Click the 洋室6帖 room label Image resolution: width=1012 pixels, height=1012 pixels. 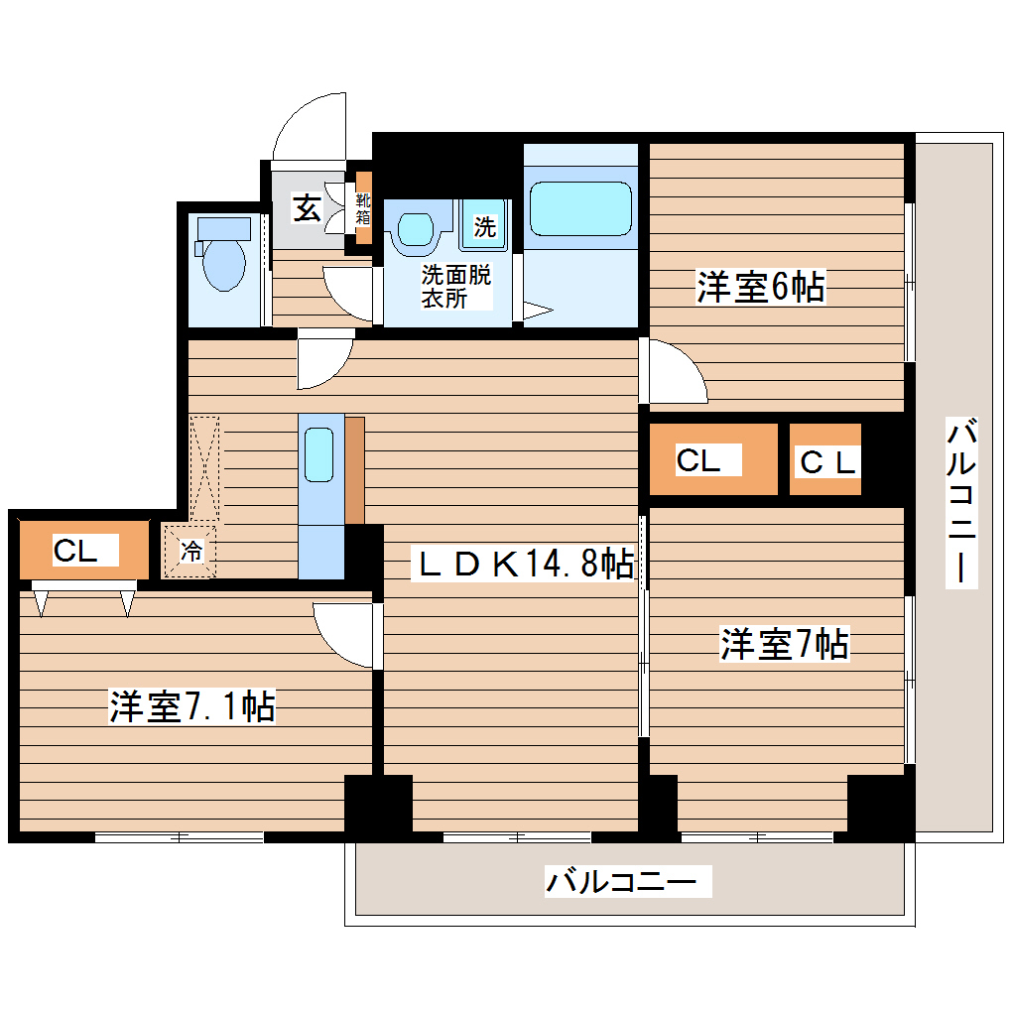click(760, 288)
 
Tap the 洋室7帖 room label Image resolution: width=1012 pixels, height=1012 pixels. click(784, 645)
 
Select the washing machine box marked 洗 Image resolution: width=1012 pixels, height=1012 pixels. click(483, 225)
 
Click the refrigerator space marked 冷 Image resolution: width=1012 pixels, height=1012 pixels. click(191, 552)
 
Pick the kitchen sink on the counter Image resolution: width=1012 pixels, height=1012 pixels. click(319, 454)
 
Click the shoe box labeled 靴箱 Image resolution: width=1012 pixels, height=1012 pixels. click(363, 208)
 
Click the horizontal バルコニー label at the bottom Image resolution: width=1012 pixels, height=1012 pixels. click(628, 881)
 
